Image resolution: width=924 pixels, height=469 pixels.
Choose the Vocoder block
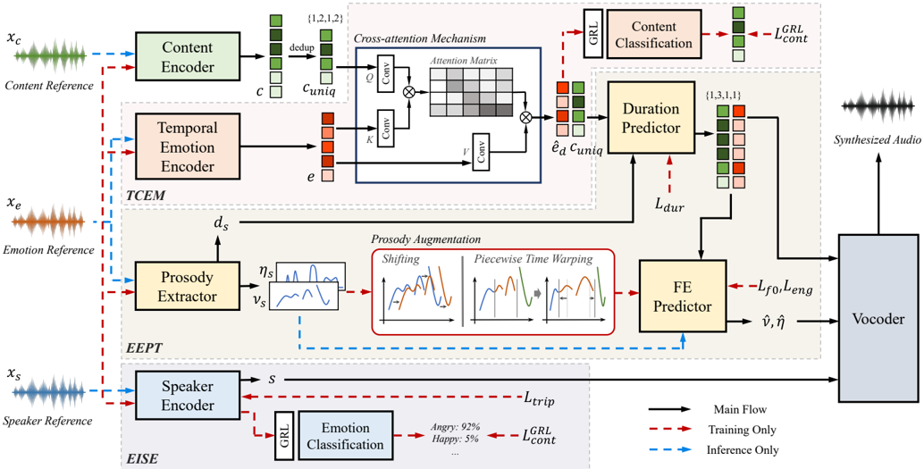(x=878, y=319)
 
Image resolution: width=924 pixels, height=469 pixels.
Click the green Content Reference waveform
(x=51, y=57)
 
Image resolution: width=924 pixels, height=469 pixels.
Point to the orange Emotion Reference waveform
(x=51, y=222)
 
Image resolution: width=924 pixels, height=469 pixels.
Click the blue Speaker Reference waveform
(x=51, y=391)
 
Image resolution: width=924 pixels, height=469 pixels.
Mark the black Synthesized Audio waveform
(x=878, y=108)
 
